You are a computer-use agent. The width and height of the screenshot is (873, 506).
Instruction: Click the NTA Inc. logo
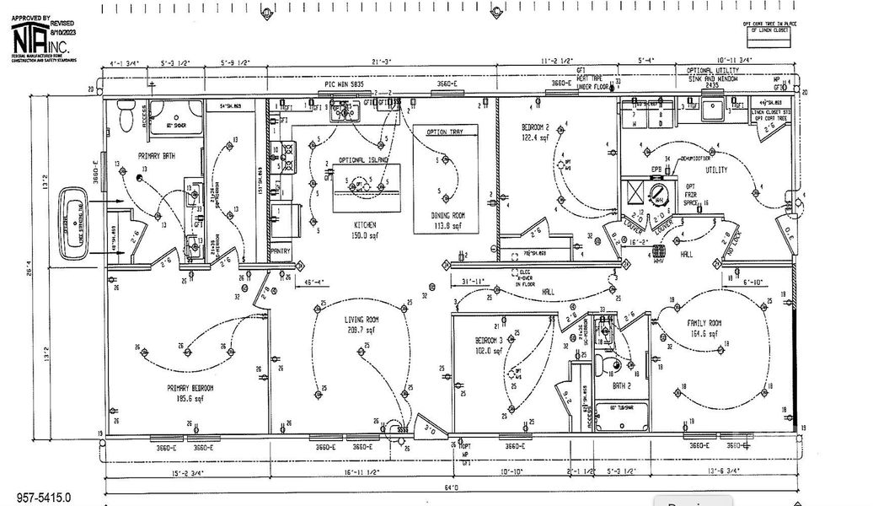pos(40,38)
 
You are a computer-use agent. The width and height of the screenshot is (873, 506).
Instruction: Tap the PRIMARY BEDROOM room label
pos(189,388)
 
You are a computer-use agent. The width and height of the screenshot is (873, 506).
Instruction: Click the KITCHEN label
pos(364,225)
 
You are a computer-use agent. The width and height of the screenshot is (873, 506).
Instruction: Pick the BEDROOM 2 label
pos(536,126)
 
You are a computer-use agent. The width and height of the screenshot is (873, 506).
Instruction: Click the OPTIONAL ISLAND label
pos(362,160)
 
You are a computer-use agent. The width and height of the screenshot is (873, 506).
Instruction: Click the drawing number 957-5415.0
pos(44,498)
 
